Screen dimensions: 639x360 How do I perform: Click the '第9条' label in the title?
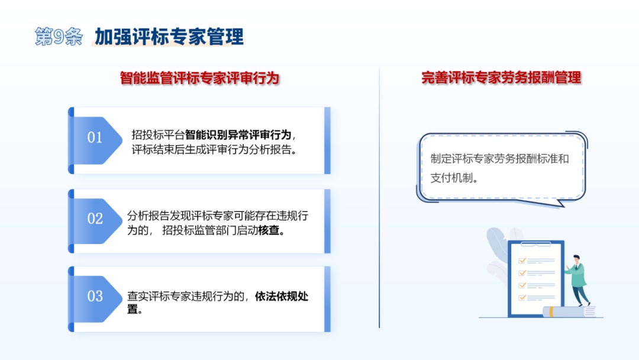59,37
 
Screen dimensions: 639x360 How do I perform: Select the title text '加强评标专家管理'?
169,37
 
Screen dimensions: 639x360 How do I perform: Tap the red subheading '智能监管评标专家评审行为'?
199,78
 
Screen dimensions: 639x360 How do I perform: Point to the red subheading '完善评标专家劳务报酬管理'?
501,78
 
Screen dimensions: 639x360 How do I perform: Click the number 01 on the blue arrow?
95,137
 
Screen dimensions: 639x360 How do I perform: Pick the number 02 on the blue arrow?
95,218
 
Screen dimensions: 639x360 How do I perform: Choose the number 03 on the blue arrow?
95,296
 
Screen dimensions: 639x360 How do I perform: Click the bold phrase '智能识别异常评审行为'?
238,134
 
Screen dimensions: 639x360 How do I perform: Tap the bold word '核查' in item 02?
269,230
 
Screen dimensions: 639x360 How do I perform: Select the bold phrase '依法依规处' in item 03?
282,296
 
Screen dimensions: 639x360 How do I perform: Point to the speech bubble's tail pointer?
560,202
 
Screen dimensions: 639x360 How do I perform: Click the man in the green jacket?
577,280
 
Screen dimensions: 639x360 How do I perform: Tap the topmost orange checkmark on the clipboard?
522,261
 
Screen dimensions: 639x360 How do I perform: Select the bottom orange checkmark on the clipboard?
522,298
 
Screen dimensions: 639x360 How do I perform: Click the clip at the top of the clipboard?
536,244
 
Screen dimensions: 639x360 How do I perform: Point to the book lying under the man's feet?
569,311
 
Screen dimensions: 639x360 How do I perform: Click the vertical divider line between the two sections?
379,197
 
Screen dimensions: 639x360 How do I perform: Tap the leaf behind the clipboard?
497,244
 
